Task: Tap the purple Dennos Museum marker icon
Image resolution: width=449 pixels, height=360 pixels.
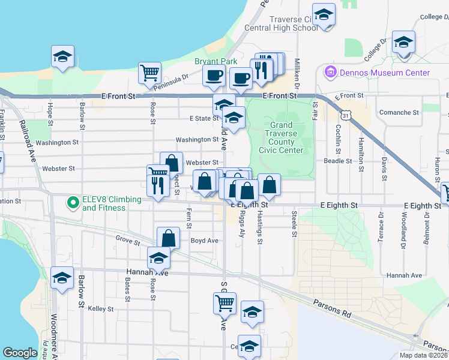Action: pyautogui.click(x=329, y=73)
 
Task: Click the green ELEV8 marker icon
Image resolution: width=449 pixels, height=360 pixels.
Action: pyautogui.click(x=73, y=203)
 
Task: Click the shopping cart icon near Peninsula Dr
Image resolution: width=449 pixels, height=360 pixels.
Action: pyautogui.click(x=149, y=73)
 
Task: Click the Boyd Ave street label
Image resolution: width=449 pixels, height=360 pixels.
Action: pyautogui.click(x=204, y=241)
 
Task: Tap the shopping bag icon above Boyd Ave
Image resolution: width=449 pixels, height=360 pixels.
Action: pyautogui.click(x=169, y=238)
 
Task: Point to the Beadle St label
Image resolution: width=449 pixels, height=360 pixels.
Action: pyautogui.click(x=337, y=161)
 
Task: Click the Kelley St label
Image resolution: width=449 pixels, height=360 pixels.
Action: pyautogui.click(x=101, y=309)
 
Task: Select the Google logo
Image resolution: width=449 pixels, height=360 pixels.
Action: pyautogui.click(x=20, y=353)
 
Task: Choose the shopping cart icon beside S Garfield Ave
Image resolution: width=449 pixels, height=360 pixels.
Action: pyautogui.click(x=224, y=304)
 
